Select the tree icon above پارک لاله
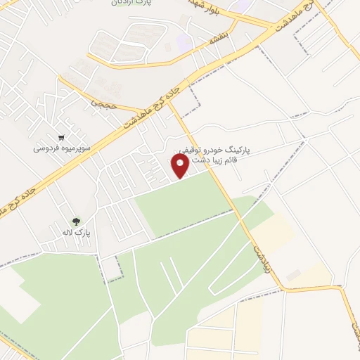(x=76, y=221)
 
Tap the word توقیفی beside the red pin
(x=188, y=150)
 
